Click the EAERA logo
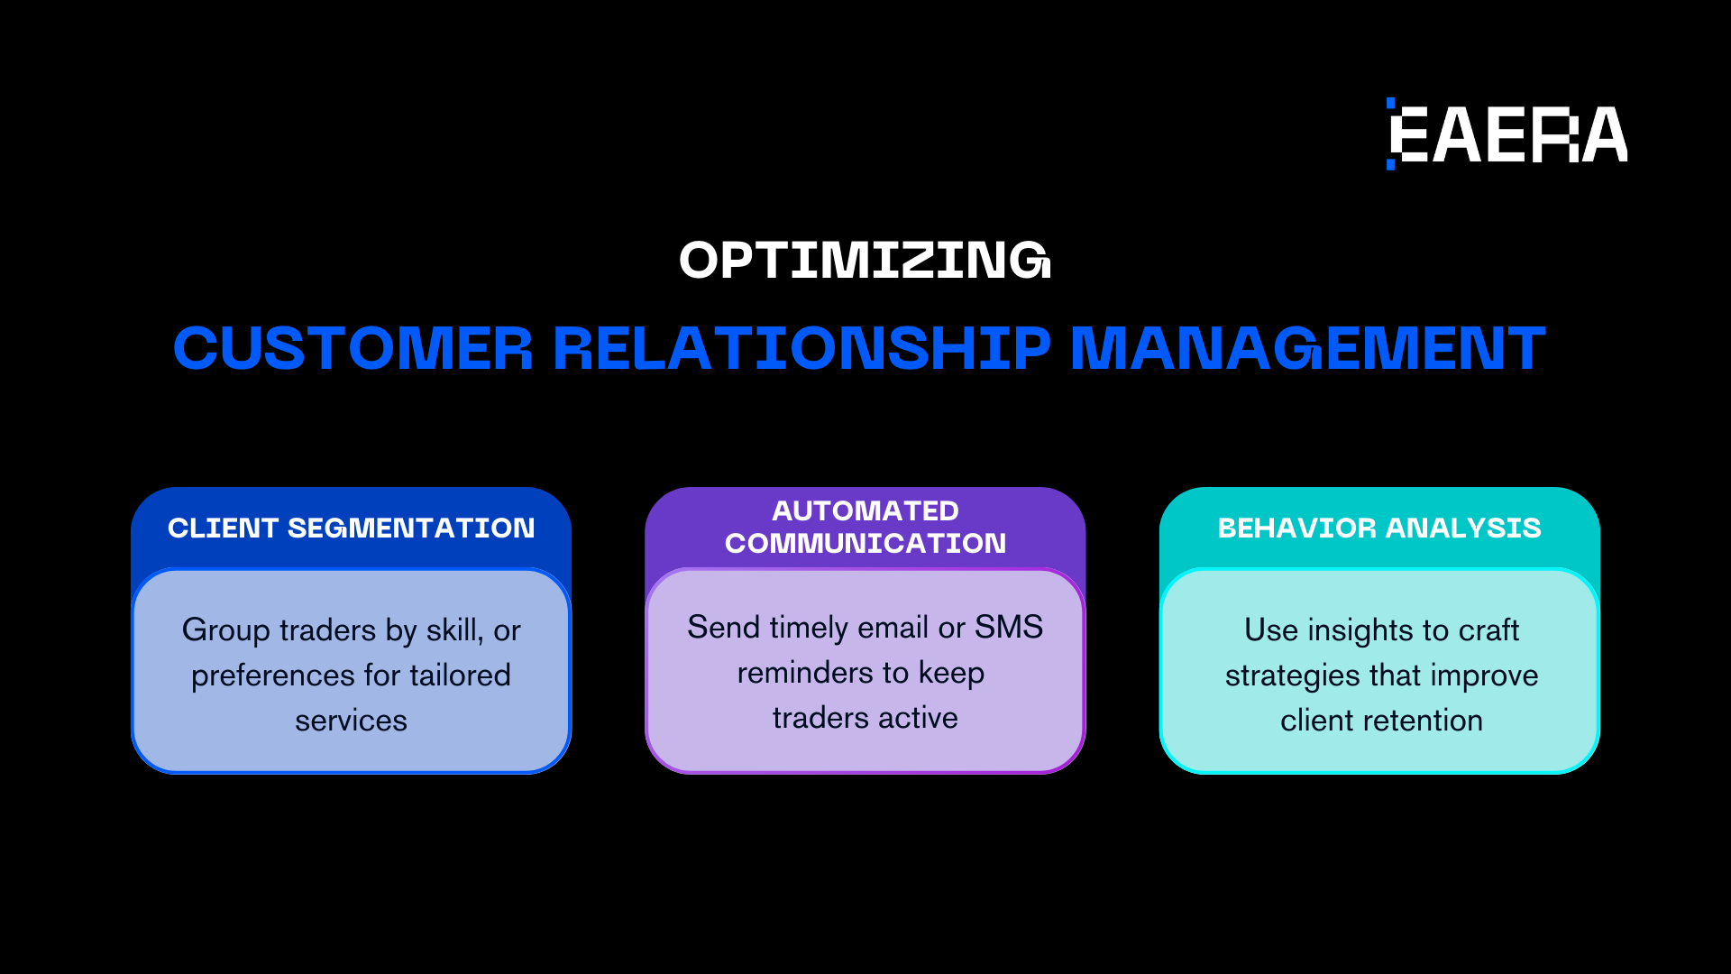[x=1507, y=134]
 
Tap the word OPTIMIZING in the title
[x=865, y=261]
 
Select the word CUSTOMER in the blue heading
[x=353, y=348]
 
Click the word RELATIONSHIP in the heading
[x=801, y=348]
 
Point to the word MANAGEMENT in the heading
[x=1307, y=348]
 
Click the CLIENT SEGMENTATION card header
[x=352, y=528]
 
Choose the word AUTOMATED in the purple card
[x=865, y=510]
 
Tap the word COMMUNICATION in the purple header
[x=865, y=543]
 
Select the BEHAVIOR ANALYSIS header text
[x=1379, y=528]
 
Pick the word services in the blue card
[x=352, y=721]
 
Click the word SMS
[x=1009, y=627]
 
